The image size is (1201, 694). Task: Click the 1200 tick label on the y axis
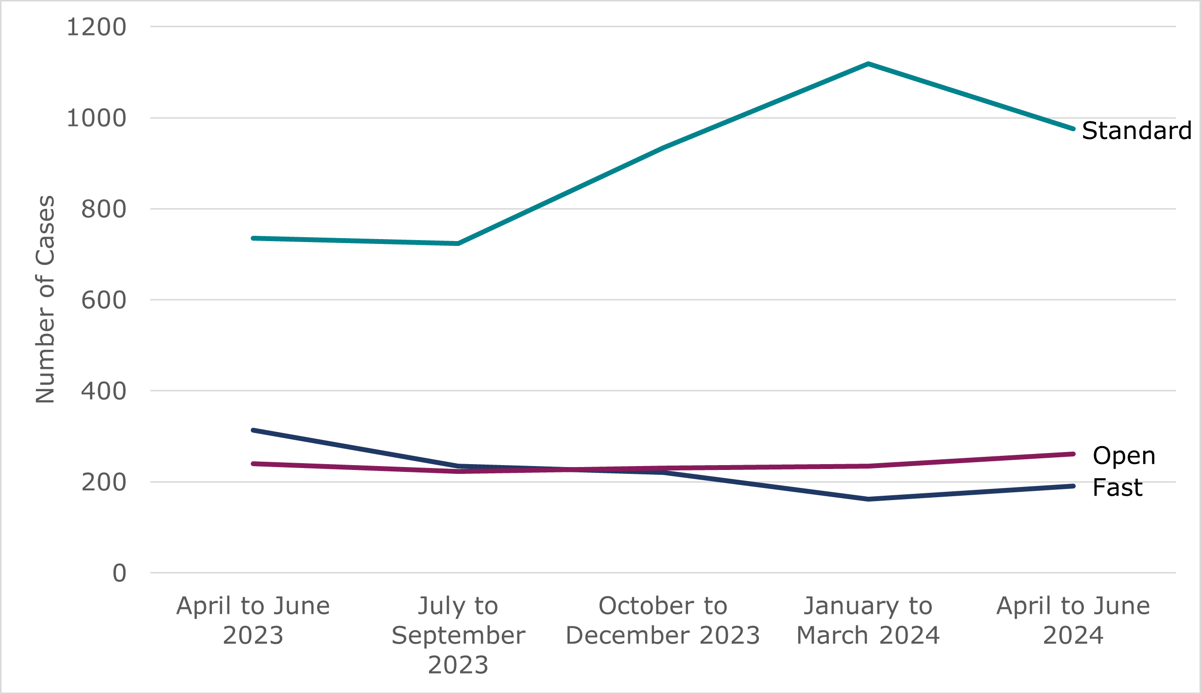[96, 27]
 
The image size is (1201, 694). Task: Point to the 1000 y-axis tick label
[96, 118]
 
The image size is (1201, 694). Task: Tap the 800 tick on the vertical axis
[103, 209]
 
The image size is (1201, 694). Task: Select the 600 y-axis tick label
[103, 300]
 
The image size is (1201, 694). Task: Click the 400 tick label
[103, 391]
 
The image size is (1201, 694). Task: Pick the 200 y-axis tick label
[103, 483]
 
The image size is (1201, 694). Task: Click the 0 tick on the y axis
[120, 573]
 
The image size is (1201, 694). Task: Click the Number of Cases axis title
[45, 299]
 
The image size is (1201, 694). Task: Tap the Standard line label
[1136, 131]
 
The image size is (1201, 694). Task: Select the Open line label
[1124, 456]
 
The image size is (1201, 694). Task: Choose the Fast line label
[1117, 487]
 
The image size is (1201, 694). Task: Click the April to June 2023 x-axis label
[253, 620]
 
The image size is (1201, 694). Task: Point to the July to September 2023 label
[458, 635]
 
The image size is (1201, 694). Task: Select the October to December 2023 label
[663, 620]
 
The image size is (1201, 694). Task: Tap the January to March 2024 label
[868, 620]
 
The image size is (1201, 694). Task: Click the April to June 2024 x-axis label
[1073, 620]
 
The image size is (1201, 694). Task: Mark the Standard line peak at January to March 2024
[868, 64]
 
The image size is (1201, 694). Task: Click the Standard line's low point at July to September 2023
[458, 243]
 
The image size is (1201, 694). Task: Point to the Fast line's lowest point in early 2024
[868, 499]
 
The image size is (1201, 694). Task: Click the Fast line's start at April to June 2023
[253, 430]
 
